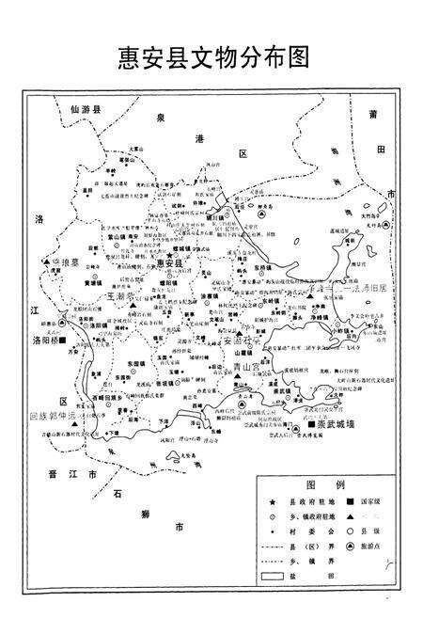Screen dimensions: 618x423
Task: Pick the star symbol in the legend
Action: click(x=271, y=503)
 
